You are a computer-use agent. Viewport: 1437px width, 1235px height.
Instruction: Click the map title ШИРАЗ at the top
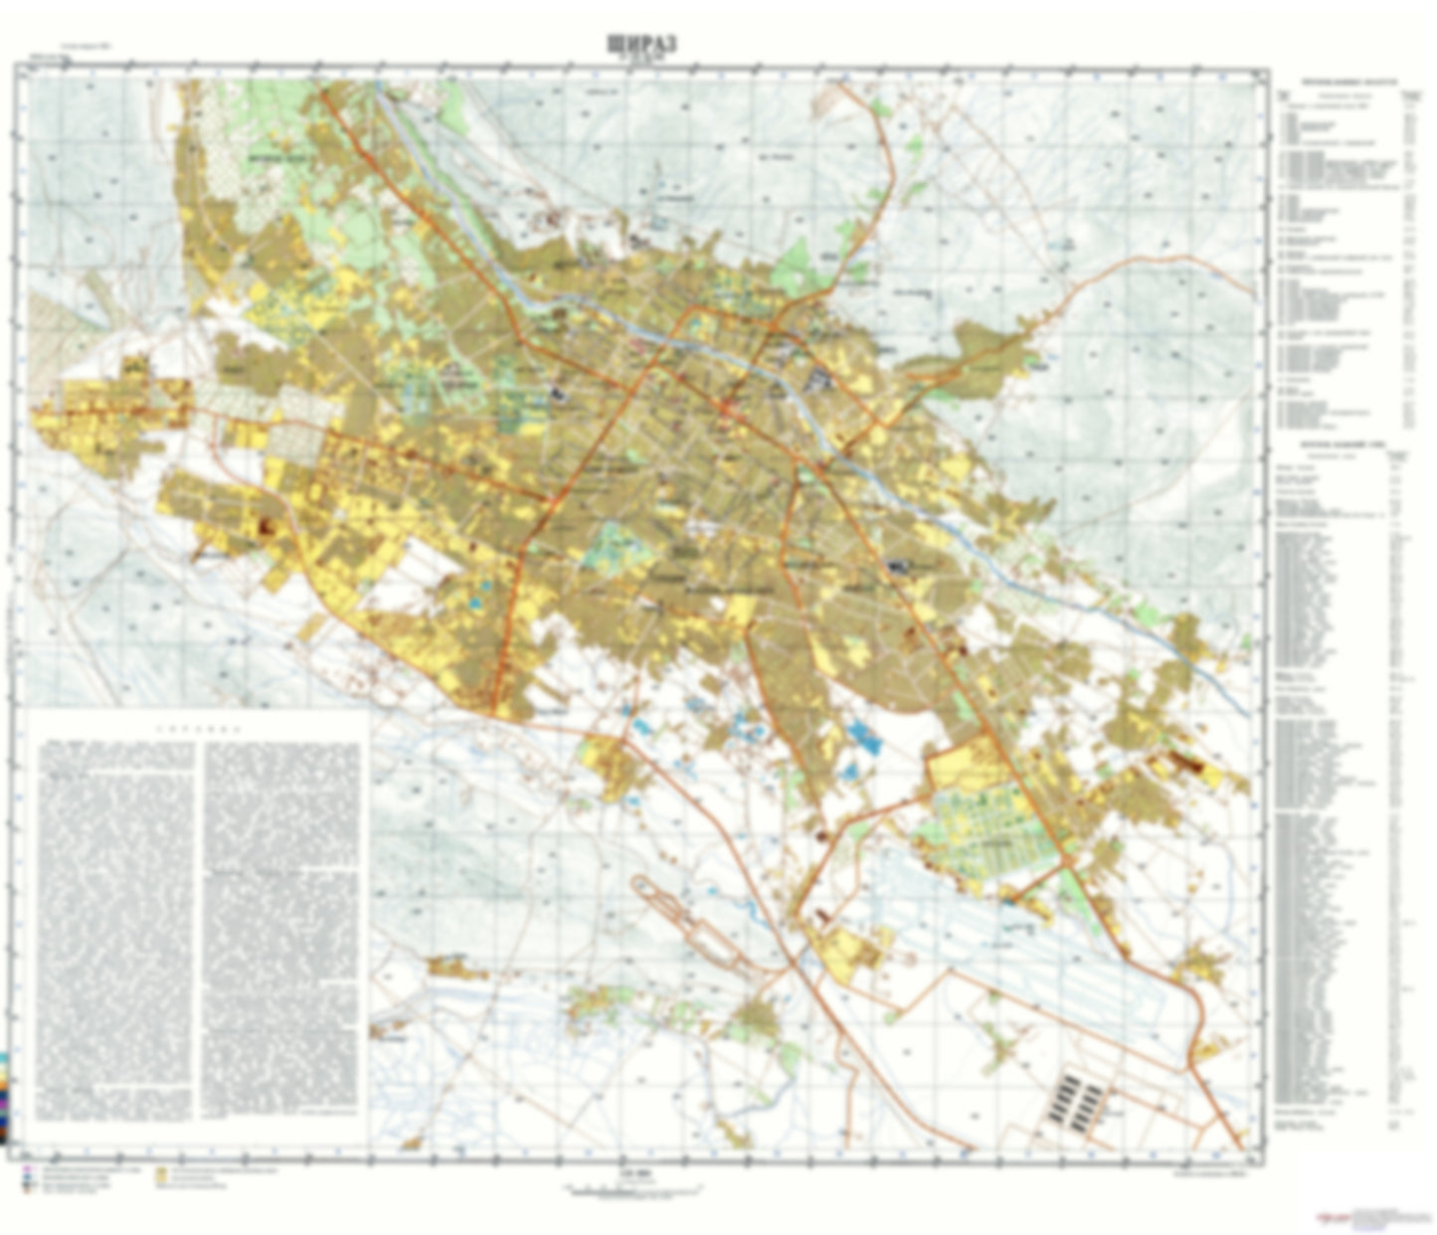click(640, 44)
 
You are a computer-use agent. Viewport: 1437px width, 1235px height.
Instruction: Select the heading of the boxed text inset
click(198, 728)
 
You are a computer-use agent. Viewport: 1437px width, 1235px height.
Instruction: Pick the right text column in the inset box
click(282, 925)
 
